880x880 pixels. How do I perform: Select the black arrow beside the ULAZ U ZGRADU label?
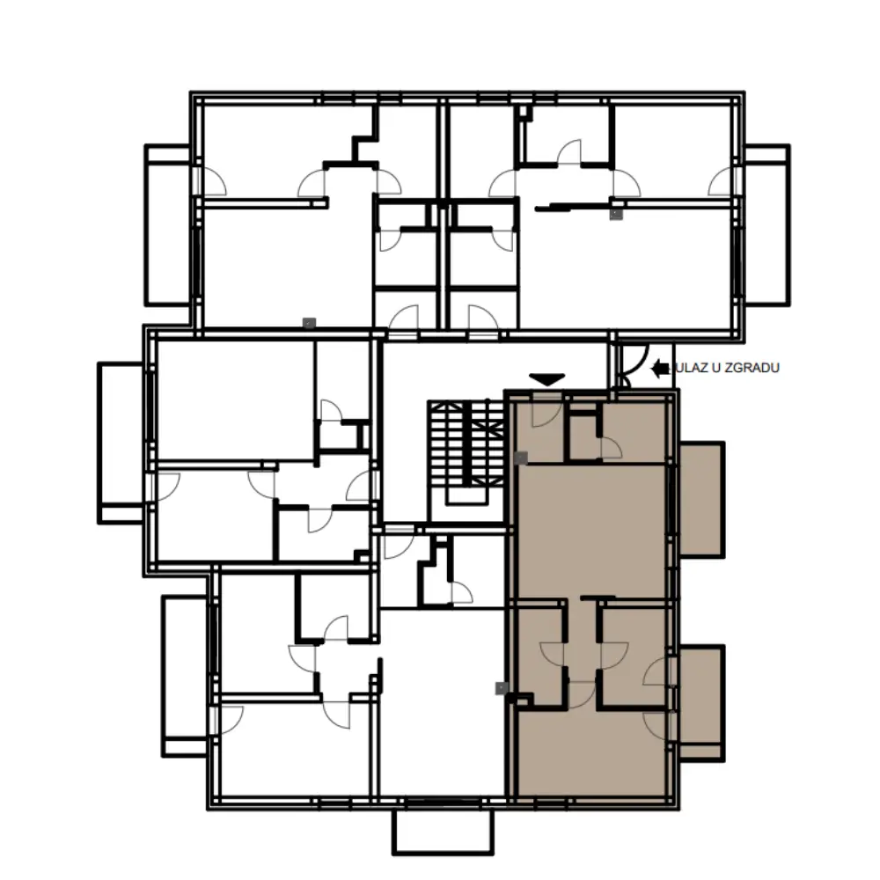(661, 368)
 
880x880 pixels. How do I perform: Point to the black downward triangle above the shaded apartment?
(546, 379)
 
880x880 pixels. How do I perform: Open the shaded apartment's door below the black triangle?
(545, 410)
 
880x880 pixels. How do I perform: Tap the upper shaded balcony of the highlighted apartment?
(701, 500)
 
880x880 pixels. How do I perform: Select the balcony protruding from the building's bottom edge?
(443, 832)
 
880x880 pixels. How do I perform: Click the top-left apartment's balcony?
(168, 225)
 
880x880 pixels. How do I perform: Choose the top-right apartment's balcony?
(767, 225)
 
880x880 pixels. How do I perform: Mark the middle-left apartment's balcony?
(121, 444)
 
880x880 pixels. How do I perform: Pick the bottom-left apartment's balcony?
(185, 676)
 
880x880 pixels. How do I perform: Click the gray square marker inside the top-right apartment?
(616, 215)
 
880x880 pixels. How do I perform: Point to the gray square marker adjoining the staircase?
(521, 458)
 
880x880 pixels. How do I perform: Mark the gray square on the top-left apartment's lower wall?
(309, 323)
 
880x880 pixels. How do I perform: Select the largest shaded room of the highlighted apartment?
(591, 531)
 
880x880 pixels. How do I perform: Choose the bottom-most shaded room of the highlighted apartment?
(592, 753)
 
